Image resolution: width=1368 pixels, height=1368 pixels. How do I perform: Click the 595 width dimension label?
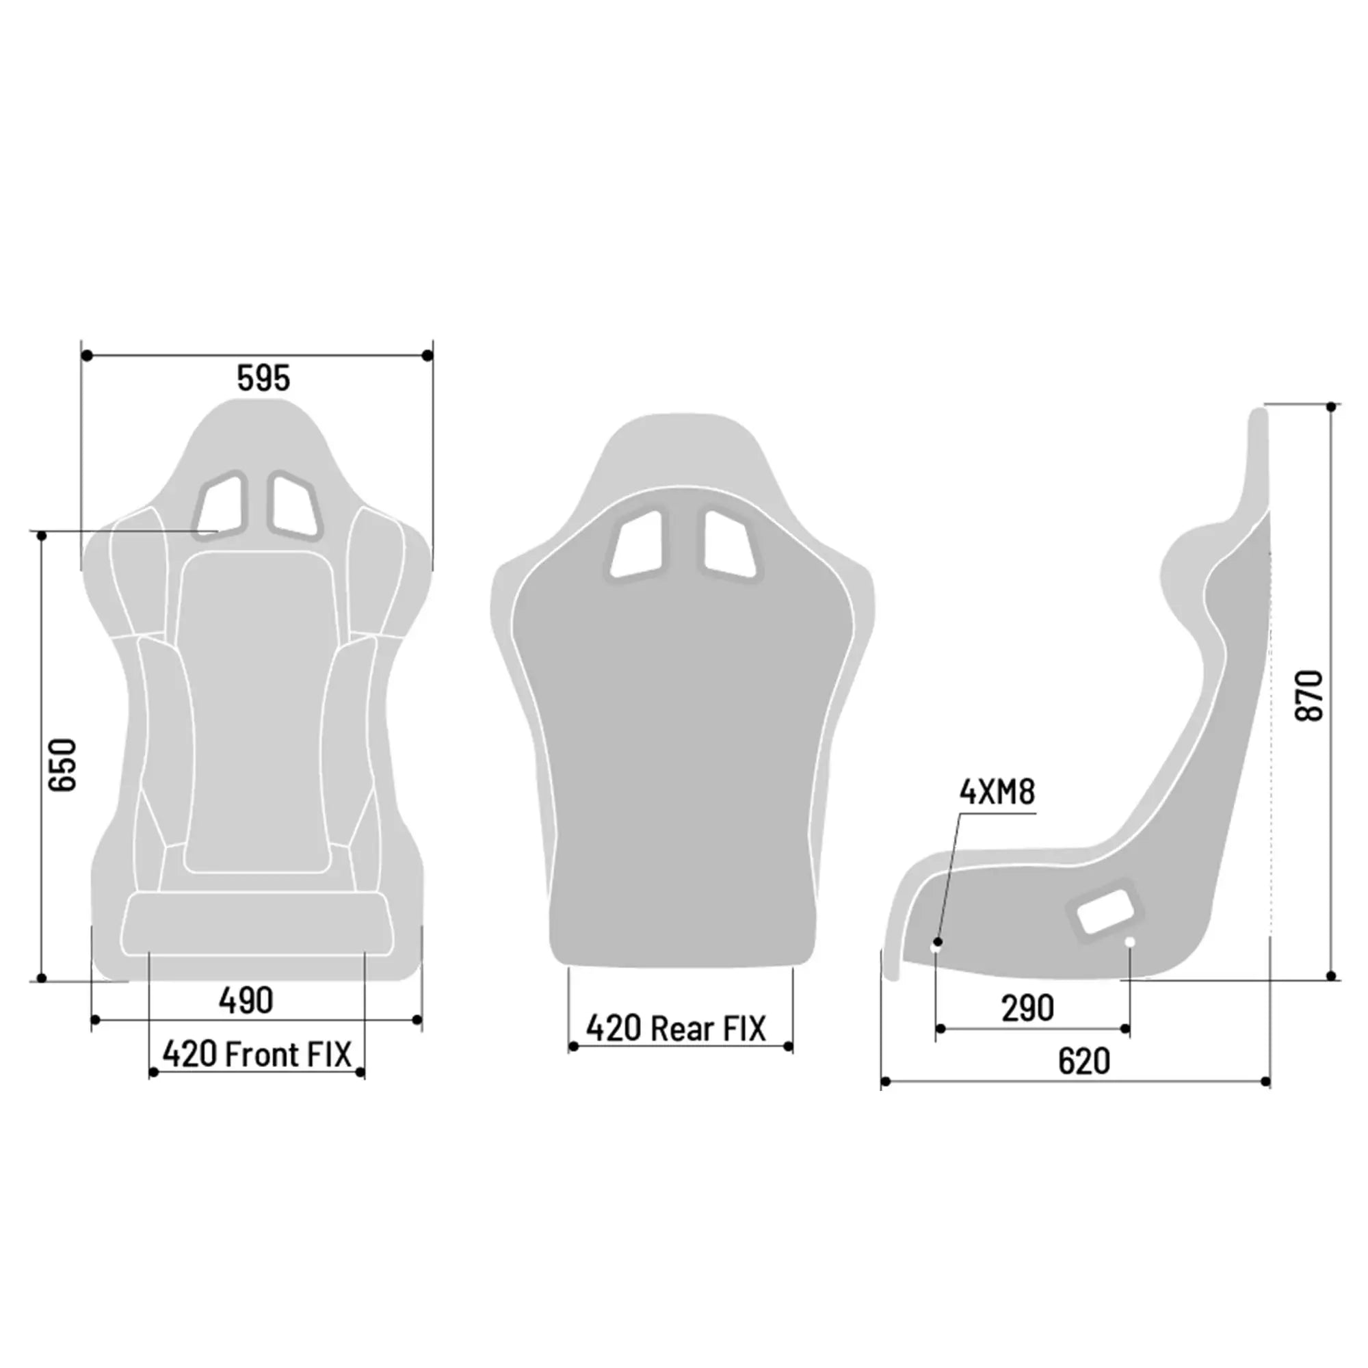click(263, 378)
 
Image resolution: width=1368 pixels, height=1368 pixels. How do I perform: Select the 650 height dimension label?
click(62, 764)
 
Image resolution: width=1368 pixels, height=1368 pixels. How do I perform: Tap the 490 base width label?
click(246, 1001)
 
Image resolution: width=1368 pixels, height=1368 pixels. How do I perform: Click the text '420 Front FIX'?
click(256, 1054)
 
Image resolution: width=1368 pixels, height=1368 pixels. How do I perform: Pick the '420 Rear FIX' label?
click(676, 1029)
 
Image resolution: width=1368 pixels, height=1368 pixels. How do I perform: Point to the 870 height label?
click(1308, 696)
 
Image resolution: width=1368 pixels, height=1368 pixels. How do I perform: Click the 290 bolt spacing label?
click(1027, 1008)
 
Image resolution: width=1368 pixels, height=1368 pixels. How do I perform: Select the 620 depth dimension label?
click(1083, 1062)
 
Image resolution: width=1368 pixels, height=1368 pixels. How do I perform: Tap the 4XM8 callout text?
click(997, 791)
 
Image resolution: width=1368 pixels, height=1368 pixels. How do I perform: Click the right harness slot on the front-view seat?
click(294, 505)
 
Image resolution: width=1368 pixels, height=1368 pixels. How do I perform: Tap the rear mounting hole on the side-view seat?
click(1130, 941)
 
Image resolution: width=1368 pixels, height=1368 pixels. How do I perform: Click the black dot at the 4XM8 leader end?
click(938, 942)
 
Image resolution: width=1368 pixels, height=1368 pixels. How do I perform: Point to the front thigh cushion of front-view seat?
click(256, 923)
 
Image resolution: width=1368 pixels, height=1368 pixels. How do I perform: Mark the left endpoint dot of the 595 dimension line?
click(87, 356)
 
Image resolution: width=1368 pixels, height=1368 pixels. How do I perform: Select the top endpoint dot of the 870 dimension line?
click(1331, 407)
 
